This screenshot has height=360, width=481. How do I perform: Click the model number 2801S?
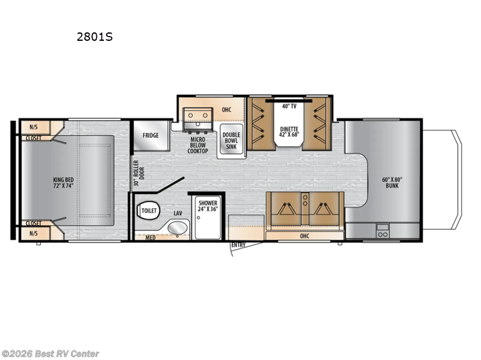(x=94, y=36)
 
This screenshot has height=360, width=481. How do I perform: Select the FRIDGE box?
(x=150, y=136)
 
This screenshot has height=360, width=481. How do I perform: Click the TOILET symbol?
(x=148, y=211)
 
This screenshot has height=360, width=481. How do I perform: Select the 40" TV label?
(x=289, y=106)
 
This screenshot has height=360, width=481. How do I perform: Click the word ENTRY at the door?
(x=239, y=245)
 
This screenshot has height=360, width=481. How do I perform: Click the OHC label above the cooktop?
(x=227, y=110)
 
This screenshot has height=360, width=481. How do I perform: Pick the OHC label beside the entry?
(x=304, y=236)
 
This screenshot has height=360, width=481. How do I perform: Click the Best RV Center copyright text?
(x=51, y=354)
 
